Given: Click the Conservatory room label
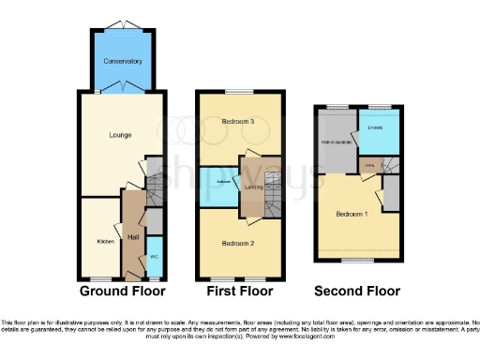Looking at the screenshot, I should coord(123,61).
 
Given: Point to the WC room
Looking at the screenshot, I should coord(155,256).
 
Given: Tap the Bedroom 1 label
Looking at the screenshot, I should coord(352,214).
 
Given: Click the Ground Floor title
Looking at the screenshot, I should coord(122,292).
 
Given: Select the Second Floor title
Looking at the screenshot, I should coord(357,292).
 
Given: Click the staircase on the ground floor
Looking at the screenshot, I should coord(154,183).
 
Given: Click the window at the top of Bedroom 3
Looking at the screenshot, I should coord(238,92).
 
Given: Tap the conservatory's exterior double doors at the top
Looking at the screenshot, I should coord(123,23).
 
